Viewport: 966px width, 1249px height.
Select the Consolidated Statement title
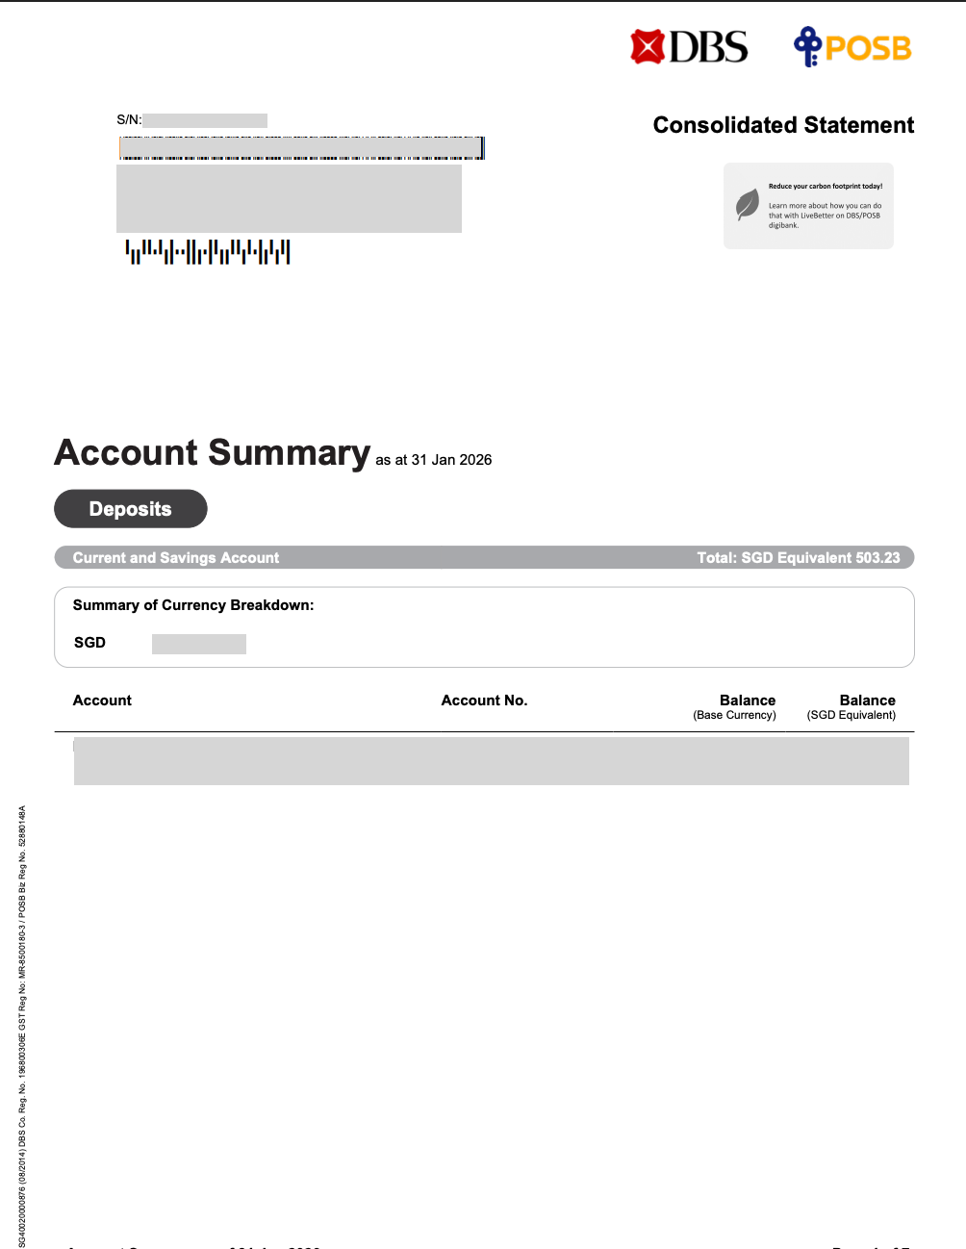tap(783, 125)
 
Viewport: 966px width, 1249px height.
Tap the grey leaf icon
tap(748, 204)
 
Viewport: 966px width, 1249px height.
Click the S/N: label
tap(129, 120)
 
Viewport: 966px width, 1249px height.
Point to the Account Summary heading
tap(213, 452)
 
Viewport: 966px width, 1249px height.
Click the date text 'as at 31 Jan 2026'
tap(433, 460)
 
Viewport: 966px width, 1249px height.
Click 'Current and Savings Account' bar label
tap(176, 558)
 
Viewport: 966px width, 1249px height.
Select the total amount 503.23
tap(877, 558)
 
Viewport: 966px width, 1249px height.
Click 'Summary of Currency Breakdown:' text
tap(193, 605)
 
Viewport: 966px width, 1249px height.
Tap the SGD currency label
tap(89, 643)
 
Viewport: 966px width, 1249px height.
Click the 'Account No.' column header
tap(484, 701)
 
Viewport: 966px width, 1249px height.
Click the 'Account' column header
tap(102, 701)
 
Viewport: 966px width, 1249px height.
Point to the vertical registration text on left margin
tap(22, 1026)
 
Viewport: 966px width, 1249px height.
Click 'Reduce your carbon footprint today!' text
tap(826, 187)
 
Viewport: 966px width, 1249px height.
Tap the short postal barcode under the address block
tap(208, 252)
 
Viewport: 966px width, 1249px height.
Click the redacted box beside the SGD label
tap(199, 644)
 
